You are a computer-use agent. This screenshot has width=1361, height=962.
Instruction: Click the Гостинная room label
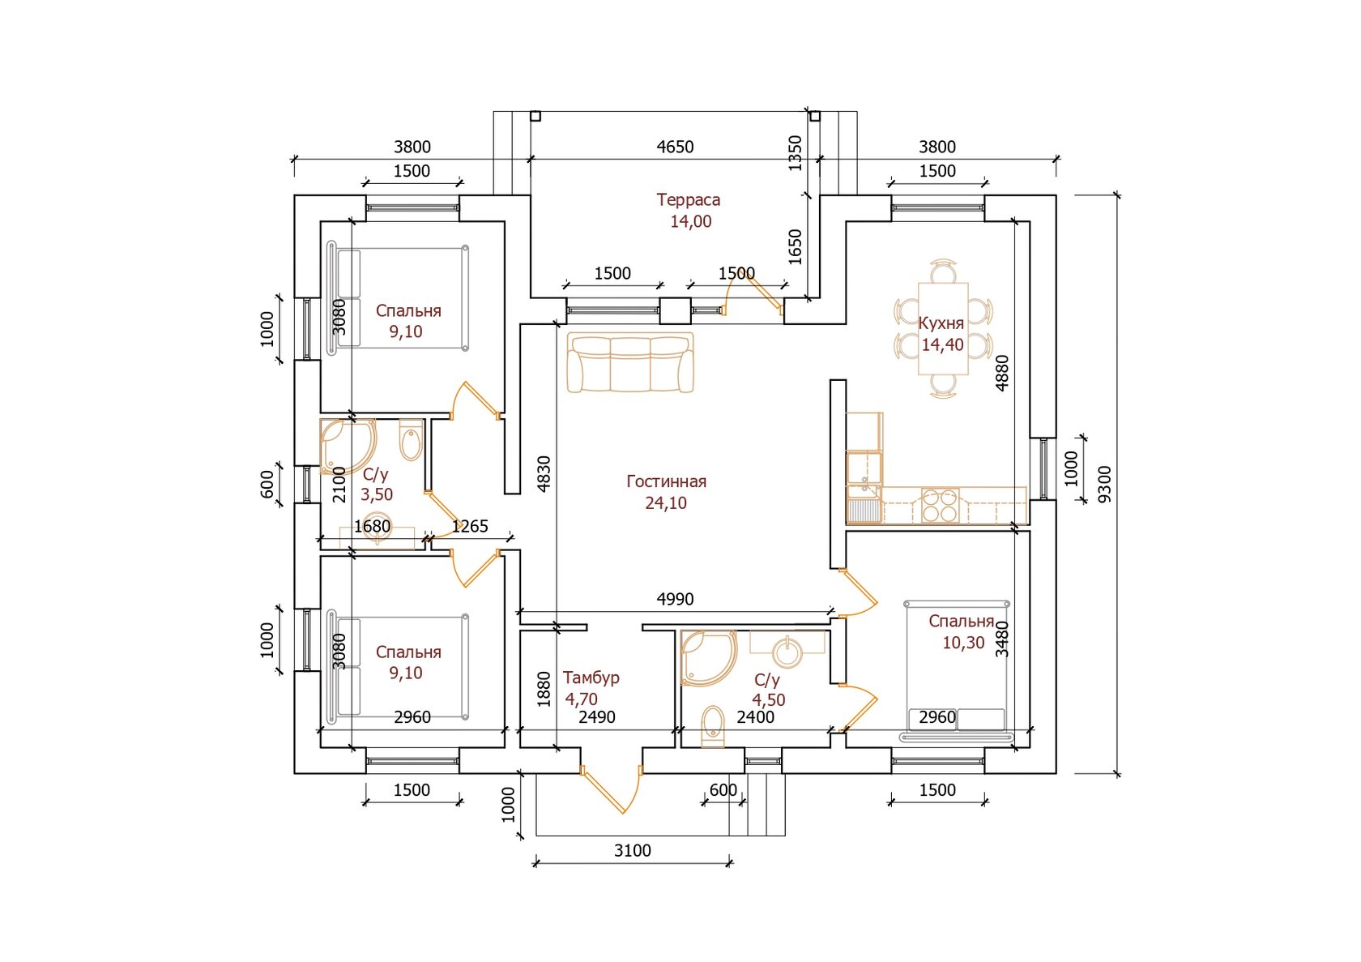point(666,481)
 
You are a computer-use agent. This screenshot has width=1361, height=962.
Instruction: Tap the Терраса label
point(688,200)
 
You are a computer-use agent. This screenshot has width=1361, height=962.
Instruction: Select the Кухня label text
point(941,323)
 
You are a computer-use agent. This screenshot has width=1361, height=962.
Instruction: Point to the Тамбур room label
point(591,678)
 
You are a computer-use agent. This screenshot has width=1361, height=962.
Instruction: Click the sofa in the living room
point(630,362)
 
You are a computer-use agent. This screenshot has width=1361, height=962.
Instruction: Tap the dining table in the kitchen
point(943,328)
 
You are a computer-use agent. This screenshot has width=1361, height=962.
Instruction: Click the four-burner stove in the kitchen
point(940,505)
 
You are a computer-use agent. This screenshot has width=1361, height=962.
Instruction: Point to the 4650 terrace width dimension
point(675,147)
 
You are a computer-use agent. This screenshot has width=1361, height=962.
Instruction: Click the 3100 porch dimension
point(632,850)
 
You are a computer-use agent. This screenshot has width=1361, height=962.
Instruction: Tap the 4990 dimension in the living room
point(675,599)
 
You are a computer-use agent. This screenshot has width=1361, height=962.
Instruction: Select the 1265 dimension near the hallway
point(470,526)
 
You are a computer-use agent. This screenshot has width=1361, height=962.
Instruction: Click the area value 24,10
point(666,503)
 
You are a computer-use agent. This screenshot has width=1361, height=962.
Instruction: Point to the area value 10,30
point(963,643)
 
